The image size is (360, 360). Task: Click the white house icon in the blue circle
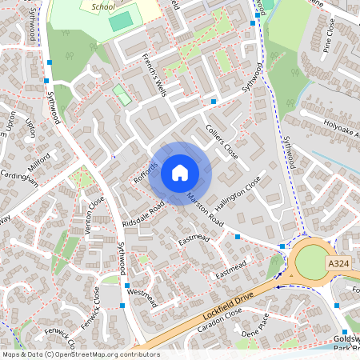180,172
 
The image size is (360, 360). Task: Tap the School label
104,6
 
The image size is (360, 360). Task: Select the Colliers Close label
222,141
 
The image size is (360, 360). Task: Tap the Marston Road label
205,208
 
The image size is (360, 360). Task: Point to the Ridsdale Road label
145,213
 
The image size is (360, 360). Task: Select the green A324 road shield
338,263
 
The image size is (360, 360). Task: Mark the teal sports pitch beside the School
120,22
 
